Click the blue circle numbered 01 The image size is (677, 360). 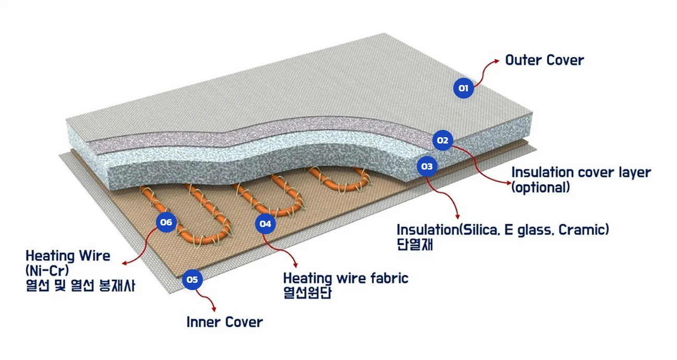click(463, 88)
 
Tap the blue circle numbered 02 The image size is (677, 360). click(442, 140)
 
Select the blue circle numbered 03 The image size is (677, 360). click(427, 166)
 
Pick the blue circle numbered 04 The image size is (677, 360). click(265, 224)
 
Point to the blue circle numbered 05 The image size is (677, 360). click(192, 280)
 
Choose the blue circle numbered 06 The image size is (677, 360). click(166, 222)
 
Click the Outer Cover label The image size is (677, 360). click(544, 60)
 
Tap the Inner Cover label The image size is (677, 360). click(224, 322)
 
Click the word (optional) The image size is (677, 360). click(540, 187)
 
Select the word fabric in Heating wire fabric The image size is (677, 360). click(388, 278)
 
